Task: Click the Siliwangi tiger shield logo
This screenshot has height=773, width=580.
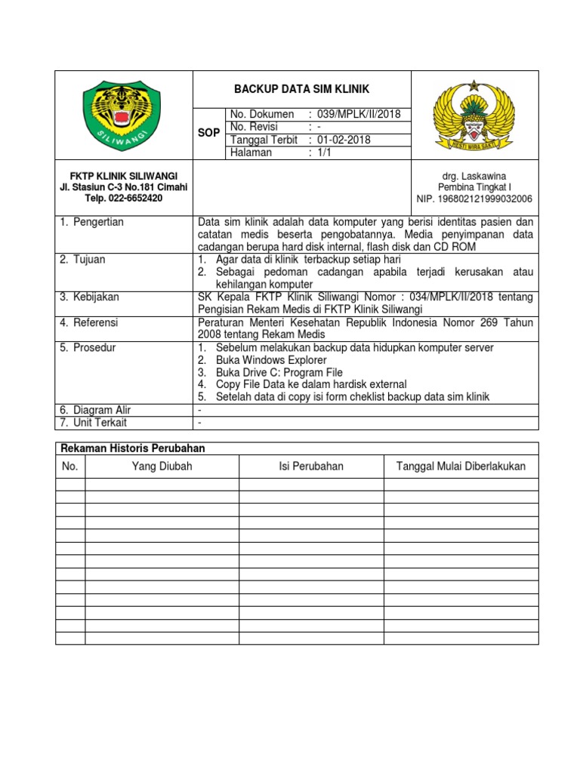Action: pyautogui.click(x=125, y=115)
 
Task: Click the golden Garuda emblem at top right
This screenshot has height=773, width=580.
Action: pyautogui.click(x=474, y=114)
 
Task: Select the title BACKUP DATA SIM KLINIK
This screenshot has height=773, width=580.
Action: pyautogui.click(x=301, y=89)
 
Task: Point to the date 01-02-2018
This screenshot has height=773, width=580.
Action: pyautogui.click(x=344, y=140)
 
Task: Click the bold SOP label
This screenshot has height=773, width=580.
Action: pyautogui.click(x=208, y=133)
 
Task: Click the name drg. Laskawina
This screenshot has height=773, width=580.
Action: pyautogui.click(x=474, y=175)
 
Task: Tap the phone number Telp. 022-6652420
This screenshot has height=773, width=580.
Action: pyautogui.click(x=125, y=198)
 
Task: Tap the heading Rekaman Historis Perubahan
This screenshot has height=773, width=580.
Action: pyautogui.click(x=134, y=448)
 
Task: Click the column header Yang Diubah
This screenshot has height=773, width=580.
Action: pyautogui.click(x=162, y=467)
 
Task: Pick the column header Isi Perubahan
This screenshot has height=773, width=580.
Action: pyautogui.click(x=311, y=467)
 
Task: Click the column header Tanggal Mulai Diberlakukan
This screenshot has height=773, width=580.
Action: pyautogui.click(x=461, y=467)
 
